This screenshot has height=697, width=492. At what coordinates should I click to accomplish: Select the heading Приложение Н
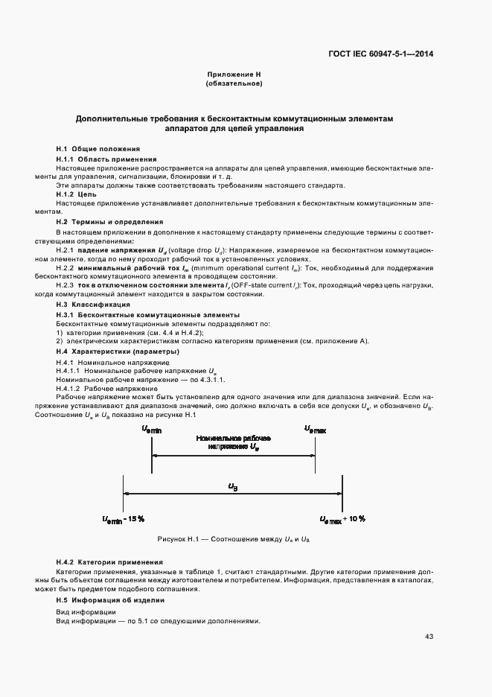pyautogui.click(x=233, y=75)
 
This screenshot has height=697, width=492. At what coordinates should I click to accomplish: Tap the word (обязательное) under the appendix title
pyautogui.click(x=233, y=83)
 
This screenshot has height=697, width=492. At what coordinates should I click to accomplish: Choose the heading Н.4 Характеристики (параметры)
pyautogui.click(x=117, y=351)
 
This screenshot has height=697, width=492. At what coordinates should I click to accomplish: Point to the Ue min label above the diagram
pyautogui.click(x=151, y=428)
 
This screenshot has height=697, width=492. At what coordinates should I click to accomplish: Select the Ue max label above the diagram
pyautogui.click(x=315, y=428)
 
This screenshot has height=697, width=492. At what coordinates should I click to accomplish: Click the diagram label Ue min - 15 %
pyautogui.click(x=124, y=518)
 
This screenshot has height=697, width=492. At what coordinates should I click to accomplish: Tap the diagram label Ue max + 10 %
pyautogui.click(x=342, y=518)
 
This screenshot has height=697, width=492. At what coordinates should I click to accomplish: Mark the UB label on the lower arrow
pyautogui.click(x=232, y=486)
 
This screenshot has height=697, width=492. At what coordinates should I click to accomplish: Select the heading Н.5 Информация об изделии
pyautogui.click(x=109, y=599)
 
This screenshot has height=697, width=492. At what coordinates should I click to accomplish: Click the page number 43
pyautogui.click(x=429, y=636)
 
